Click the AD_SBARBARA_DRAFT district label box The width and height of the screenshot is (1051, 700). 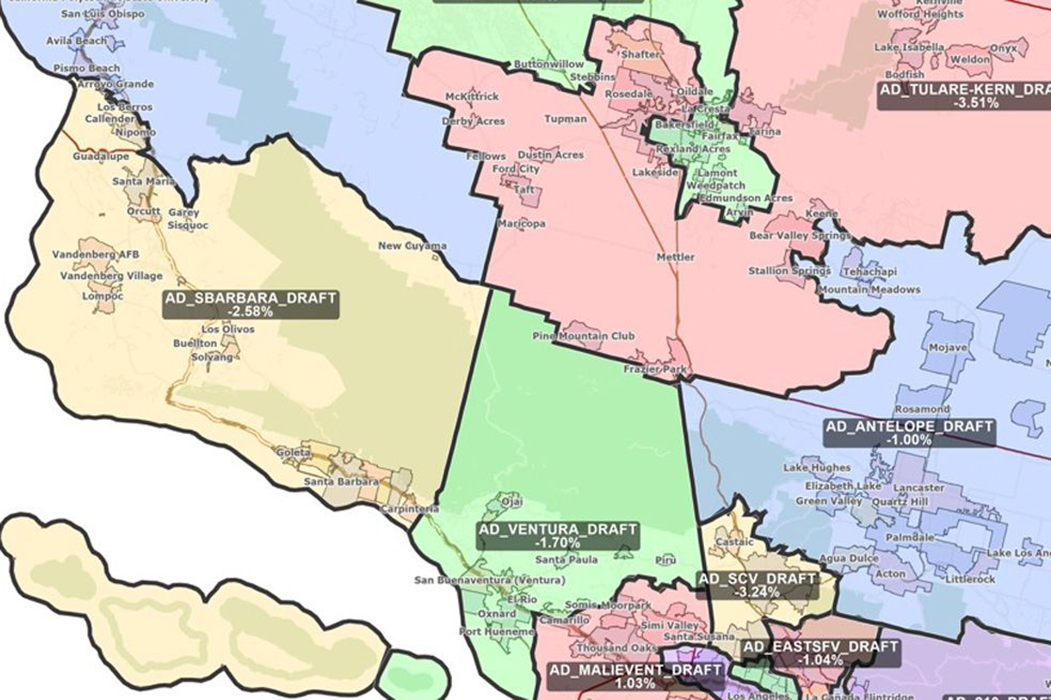(x=250, y=305)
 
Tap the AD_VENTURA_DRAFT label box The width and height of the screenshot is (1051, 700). (x=558, y=536)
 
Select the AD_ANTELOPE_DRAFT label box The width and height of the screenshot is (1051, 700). (x=909, y=433)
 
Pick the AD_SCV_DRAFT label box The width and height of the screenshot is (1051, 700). (x=757, y=585)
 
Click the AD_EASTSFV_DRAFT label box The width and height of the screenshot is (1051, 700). (x=820, y=653)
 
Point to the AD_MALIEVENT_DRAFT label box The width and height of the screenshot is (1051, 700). (x=635, y=676)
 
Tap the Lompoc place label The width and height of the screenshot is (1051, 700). (x=103, y=296)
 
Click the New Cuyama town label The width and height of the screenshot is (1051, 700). (x=412, y=246)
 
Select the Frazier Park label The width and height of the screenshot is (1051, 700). (x=655, y=369)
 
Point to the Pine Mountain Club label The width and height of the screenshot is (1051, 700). (x=583, y=336)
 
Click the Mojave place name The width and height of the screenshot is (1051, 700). (x=947, y=348)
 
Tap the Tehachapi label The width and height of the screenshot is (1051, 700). (x=870, y=272)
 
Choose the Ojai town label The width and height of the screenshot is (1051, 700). (x=512, y=502)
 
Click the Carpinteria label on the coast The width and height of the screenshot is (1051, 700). (x=409, y=509)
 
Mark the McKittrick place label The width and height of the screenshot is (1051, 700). (x=472, y=97)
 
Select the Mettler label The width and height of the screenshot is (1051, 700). (x=675, y=257)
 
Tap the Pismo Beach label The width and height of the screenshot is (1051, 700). (x=87, y=68)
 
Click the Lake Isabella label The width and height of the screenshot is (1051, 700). (x=909, y=47)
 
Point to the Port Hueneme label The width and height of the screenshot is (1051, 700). (x=497, y=632)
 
